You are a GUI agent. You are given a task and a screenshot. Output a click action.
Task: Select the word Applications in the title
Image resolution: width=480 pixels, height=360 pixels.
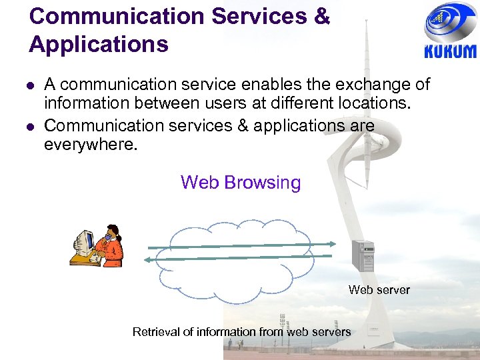pos(99,44)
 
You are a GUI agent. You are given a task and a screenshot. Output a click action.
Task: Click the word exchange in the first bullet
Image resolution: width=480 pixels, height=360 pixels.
pos(355,85)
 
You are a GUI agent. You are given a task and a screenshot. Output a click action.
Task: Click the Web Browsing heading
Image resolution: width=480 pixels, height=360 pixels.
pos(241,182)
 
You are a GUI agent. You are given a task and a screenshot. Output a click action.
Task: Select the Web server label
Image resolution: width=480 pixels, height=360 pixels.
pos(379,290)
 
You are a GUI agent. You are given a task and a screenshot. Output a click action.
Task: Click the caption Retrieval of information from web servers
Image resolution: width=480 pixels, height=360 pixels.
pos(241,332)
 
